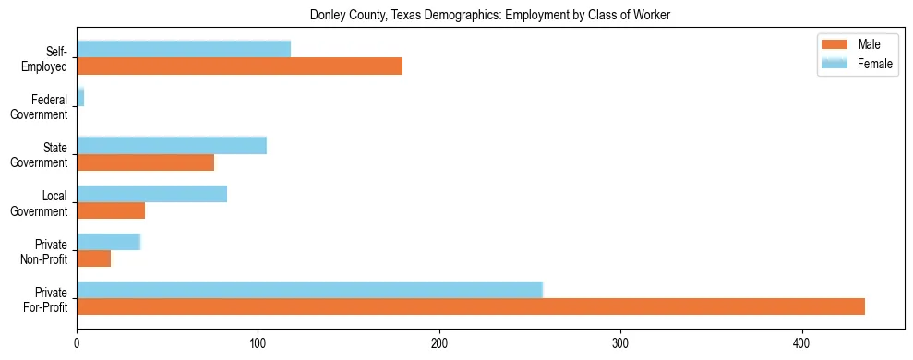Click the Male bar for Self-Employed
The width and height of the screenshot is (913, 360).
239,66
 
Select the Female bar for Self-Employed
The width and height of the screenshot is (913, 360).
184,49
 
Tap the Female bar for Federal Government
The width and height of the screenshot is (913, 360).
80,97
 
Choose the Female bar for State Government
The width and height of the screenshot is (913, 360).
172,145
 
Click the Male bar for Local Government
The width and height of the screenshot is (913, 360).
111,210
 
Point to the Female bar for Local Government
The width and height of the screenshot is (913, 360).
151,194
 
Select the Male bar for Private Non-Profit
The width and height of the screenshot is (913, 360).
93,258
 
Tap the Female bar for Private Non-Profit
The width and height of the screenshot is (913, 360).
108,242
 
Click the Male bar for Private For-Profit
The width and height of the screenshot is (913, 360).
471,306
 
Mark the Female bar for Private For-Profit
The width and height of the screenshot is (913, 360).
309,290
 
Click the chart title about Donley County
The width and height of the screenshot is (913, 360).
490,16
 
